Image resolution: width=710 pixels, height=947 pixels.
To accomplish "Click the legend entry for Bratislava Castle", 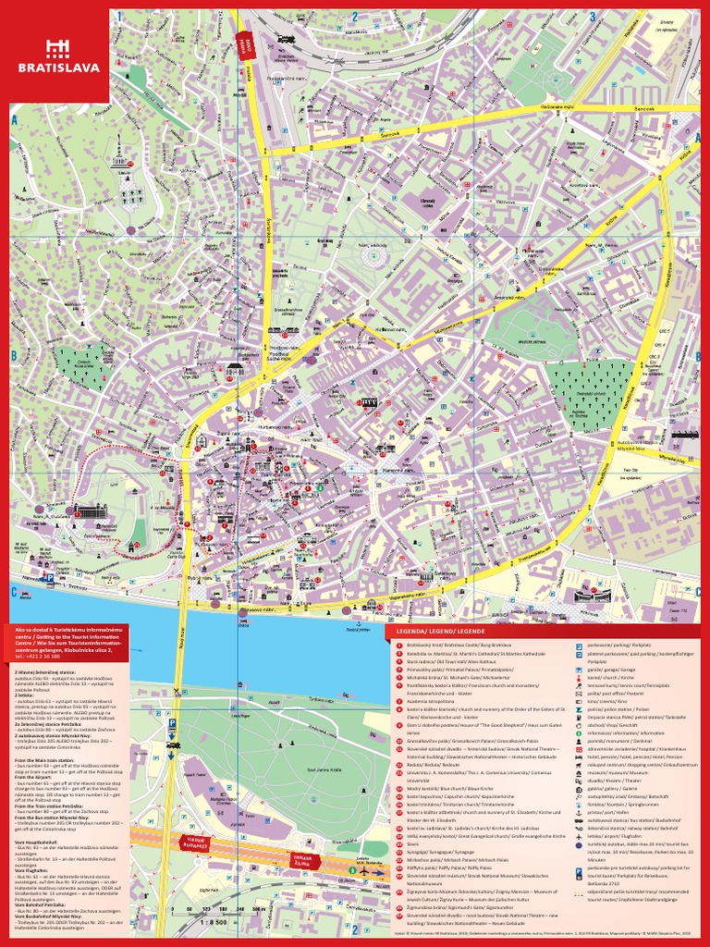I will [453, 644].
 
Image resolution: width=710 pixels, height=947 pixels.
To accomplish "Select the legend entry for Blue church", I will [444, 787].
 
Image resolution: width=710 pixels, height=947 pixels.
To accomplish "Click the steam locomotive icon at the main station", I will [284, 40].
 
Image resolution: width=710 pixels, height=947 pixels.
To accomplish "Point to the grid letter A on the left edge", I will [15, 119].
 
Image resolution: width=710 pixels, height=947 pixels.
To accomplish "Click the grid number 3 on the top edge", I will [592, 16].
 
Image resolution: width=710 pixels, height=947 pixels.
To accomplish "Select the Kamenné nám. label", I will [397, 471].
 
